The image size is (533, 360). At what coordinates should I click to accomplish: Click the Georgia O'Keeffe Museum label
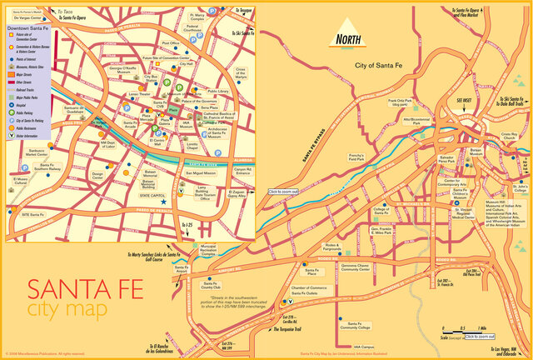[x=123, y=71]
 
